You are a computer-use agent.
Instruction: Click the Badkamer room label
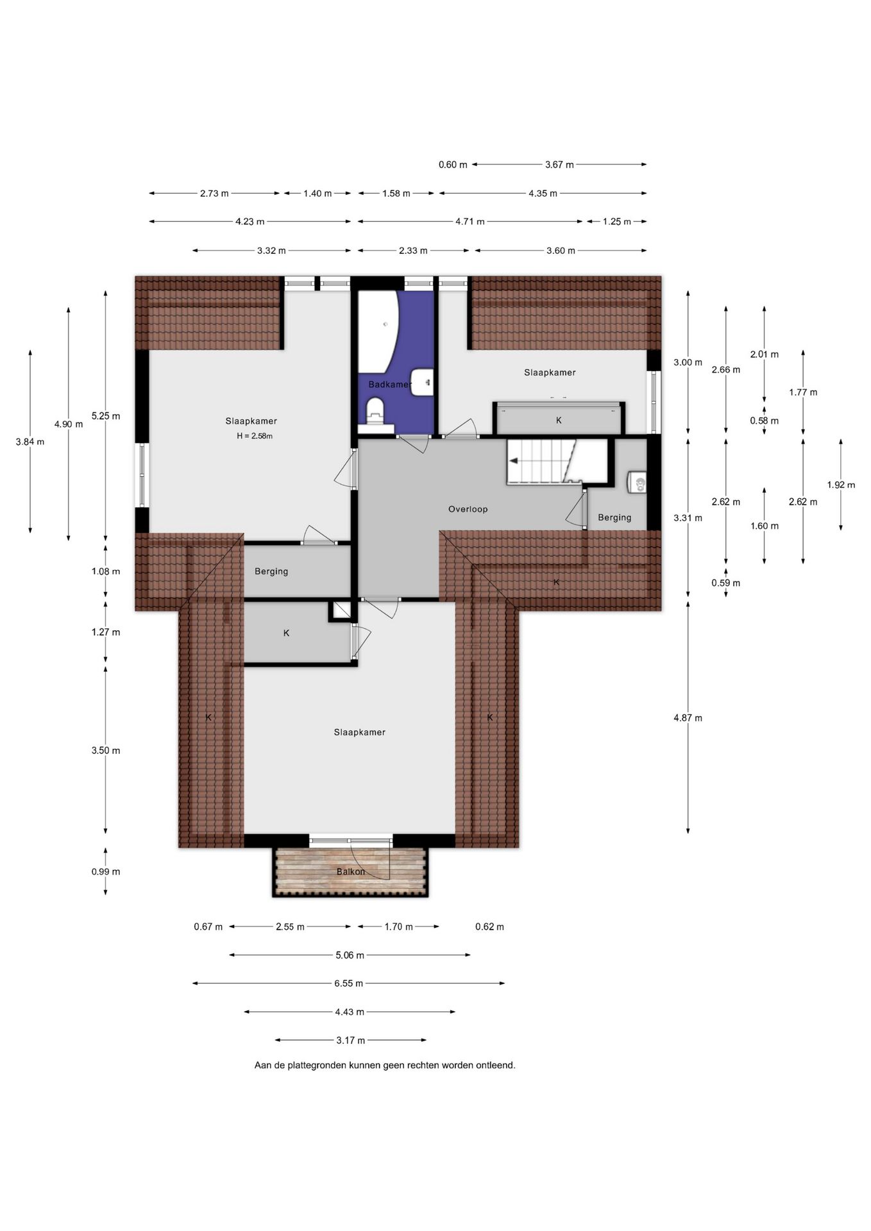point(389,384)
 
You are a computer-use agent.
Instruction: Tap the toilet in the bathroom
point(375,412)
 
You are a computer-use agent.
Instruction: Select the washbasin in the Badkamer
point(422,383)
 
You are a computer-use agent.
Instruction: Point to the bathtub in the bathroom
point(377,332)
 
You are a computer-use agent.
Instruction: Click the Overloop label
point(468,509)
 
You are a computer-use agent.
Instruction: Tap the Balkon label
point(350,871)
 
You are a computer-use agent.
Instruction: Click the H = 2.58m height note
point(255,436)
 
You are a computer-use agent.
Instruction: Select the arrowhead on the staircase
point(513,460)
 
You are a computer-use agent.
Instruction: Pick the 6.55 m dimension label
point(348,983)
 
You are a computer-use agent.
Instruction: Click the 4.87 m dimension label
point(688,718)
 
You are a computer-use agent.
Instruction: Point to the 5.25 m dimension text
point(106,416)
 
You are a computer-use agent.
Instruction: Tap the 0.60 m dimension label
point(453,165)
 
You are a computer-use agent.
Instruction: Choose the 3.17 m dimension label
point(350,1040)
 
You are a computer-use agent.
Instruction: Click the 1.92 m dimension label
point(841,485)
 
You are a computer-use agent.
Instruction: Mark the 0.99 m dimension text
point(106,871)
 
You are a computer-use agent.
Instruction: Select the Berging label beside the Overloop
point(614,517)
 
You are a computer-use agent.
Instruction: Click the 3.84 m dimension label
point(30,442)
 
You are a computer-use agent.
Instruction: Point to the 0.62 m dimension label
point(489,926)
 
